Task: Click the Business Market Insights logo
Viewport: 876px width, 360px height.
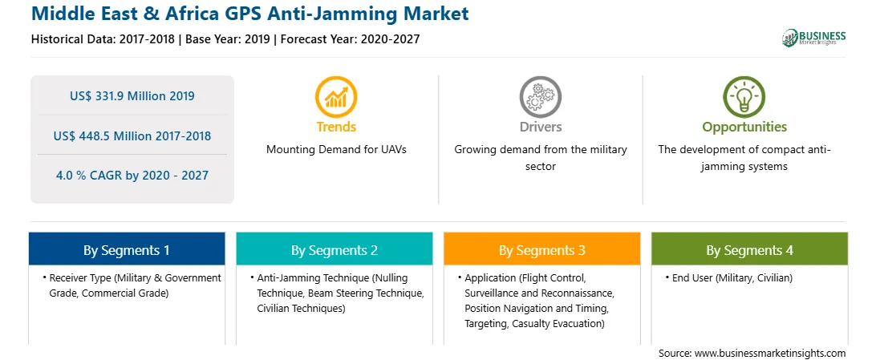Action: tap(814, 38)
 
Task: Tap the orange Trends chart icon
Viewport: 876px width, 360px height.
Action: tap(336, 96)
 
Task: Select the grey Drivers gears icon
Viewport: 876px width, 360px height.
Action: tap(540, 96)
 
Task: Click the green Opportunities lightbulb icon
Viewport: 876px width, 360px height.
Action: tap(744, 96)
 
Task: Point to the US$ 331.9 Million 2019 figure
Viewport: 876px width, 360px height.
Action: tap(132, 96)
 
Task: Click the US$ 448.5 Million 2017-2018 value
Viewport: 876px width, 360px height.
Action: tap(132, 136)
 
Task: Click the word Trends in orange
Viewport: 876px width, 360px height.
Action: tap(336, 127)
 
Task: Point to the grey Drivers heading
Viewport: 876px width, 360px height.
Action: tap(540, 127)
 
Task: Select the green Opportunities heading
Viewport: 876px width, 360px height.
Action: tap(744, 127)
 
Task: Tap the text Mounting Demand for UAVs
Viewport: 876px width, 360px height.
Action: tap(336, 150)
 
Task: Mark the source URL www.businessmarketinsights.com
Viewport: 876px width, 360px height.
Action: tap(770, 354)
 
